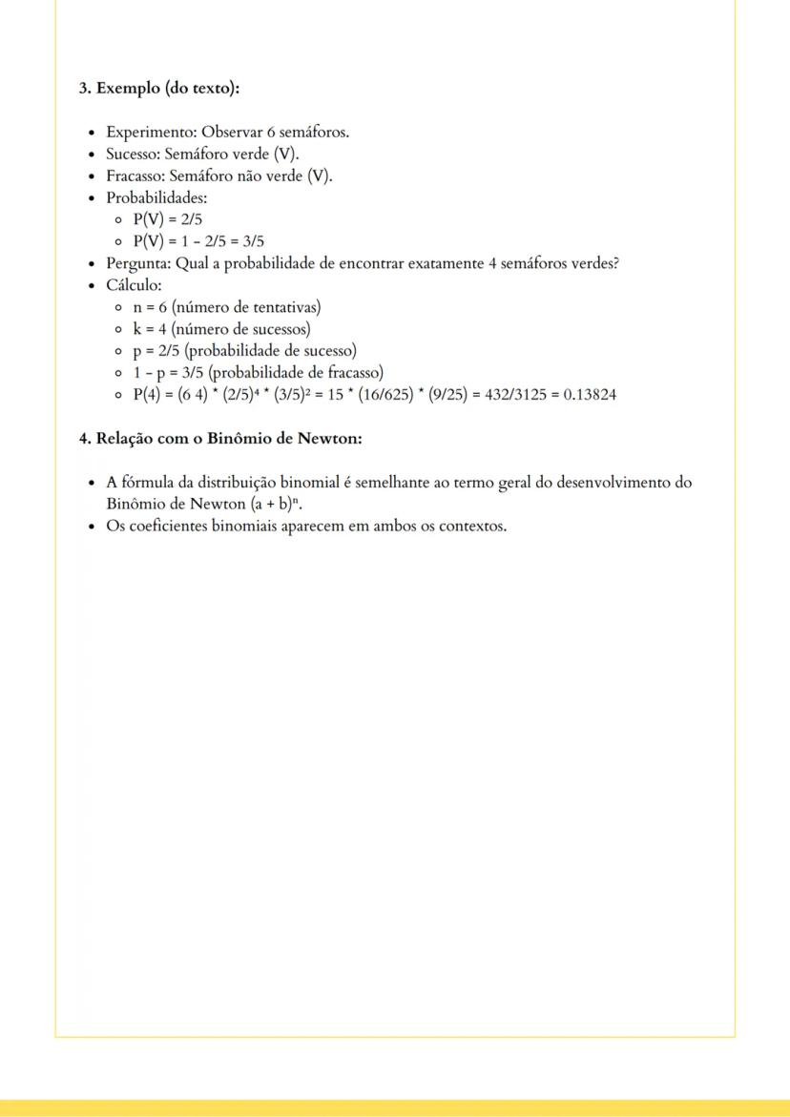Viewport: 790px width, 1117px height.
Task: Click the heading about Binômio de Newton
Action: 220,439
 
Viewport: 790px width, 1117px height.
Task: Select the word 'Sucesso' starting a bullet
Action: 133,154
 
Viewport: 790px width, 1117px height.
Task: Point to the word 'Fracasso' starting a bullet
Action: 135,176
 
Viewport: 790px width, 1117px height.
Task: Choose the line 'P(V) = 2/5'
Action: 167,219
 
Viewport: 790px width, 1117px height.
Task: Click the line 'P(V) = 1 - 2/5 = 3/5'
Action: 197,241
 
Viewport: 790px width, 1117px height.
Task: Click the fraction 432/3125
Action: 507,395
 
